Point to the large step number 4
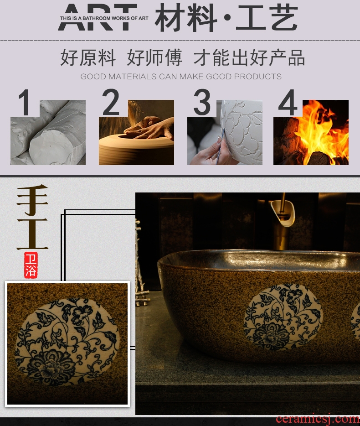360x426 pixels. point(288,103)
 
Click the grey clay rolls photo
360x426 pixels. point(48,132)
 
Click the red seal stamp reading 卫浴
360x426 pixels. point(31,265)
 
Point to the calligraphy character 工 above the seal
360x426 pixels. point(32,234)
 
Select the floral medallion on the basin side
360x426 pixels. point(283,317)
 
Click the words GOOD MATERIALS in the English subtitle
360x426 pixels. point(119,77)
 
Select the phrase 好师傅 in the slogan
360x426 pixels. point(154,57)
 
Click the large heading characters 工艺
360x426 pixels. point(267,18)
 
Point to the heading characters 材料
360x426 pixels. point(186,18)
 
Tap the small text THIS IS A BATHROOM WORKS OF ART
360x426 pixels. point(104,18)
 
